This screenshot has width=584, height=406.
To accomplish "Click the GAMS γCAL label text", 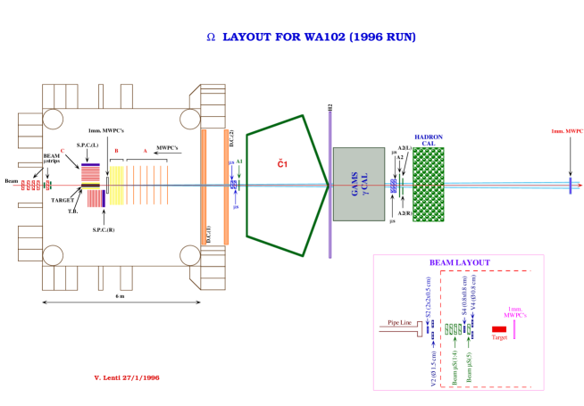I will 359,185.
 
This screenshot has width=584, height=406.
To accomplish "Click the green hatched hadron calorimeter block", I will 428,185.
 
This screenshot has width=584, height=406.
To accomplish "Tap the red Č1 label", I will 282,163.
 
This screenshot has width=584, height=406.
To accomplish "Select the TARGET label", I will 63,201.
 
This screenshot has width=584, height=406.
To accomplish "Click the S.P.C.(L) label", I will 88,145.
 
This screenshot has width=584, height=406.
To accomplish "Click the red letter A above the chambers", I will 146,151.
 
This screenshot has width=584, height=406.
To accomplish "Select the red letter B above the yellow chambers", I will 115,151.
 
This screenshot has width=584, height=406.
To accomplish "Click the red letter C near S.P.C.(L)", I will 62,150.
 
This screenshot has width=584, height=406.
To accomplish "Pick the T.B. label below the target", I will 73,213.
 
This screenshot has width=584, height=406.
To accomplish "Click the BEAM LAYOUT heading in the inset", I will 459,262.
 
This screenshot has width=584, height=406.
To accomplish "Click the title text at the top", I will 311,37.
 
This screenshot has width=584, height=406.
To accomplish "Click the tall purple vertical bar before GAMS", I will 330,185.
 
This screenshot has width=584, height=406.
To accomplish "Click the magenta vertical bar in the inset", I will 514,323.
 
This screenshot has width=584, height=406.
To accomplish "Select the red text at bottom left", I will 127,377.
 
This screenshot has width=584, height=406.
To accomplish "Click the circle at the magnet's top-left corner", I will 53,119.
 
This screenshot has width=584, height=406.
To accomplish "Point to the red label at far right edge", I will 567,131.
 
